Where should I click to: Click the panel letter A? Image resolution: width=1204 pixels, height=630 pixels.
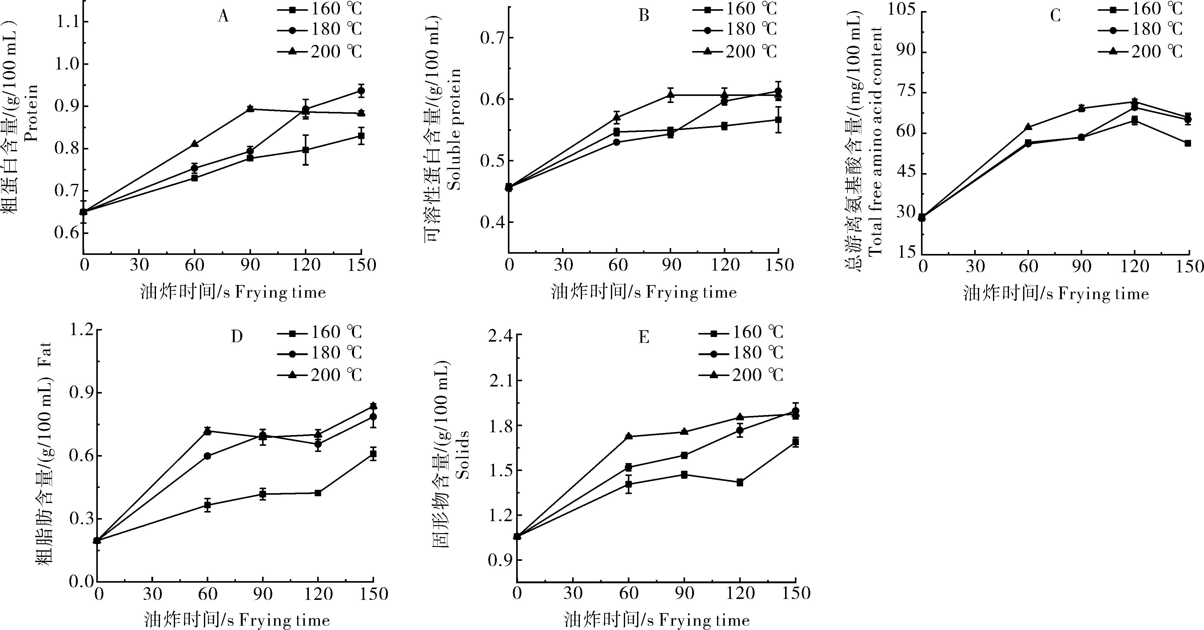tap(223, 17)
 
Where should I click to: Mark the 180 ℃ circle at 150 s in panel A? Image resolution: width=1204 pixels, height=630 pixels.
tap(361, 91)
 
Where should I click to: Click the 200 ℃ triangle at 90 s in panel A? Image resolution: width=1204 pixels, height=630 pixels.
tap(250, 109)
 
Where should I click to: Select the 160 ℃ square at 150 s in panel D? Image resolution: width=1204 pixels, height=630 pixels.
tap(373, 454)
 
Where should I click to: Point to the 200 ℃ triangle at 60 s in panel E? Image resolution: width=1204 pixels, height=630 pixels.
tap(629, 436)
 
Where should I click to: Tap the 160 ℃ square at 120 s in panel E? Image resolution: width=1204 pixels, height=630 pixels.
tap(740, 482)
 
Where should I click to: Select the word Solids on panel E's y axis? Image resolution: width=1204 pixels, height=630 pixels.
tap(462, 454)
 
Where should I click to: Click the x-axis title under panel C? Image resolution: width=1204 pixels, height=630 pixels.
tap(1056, 294)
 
